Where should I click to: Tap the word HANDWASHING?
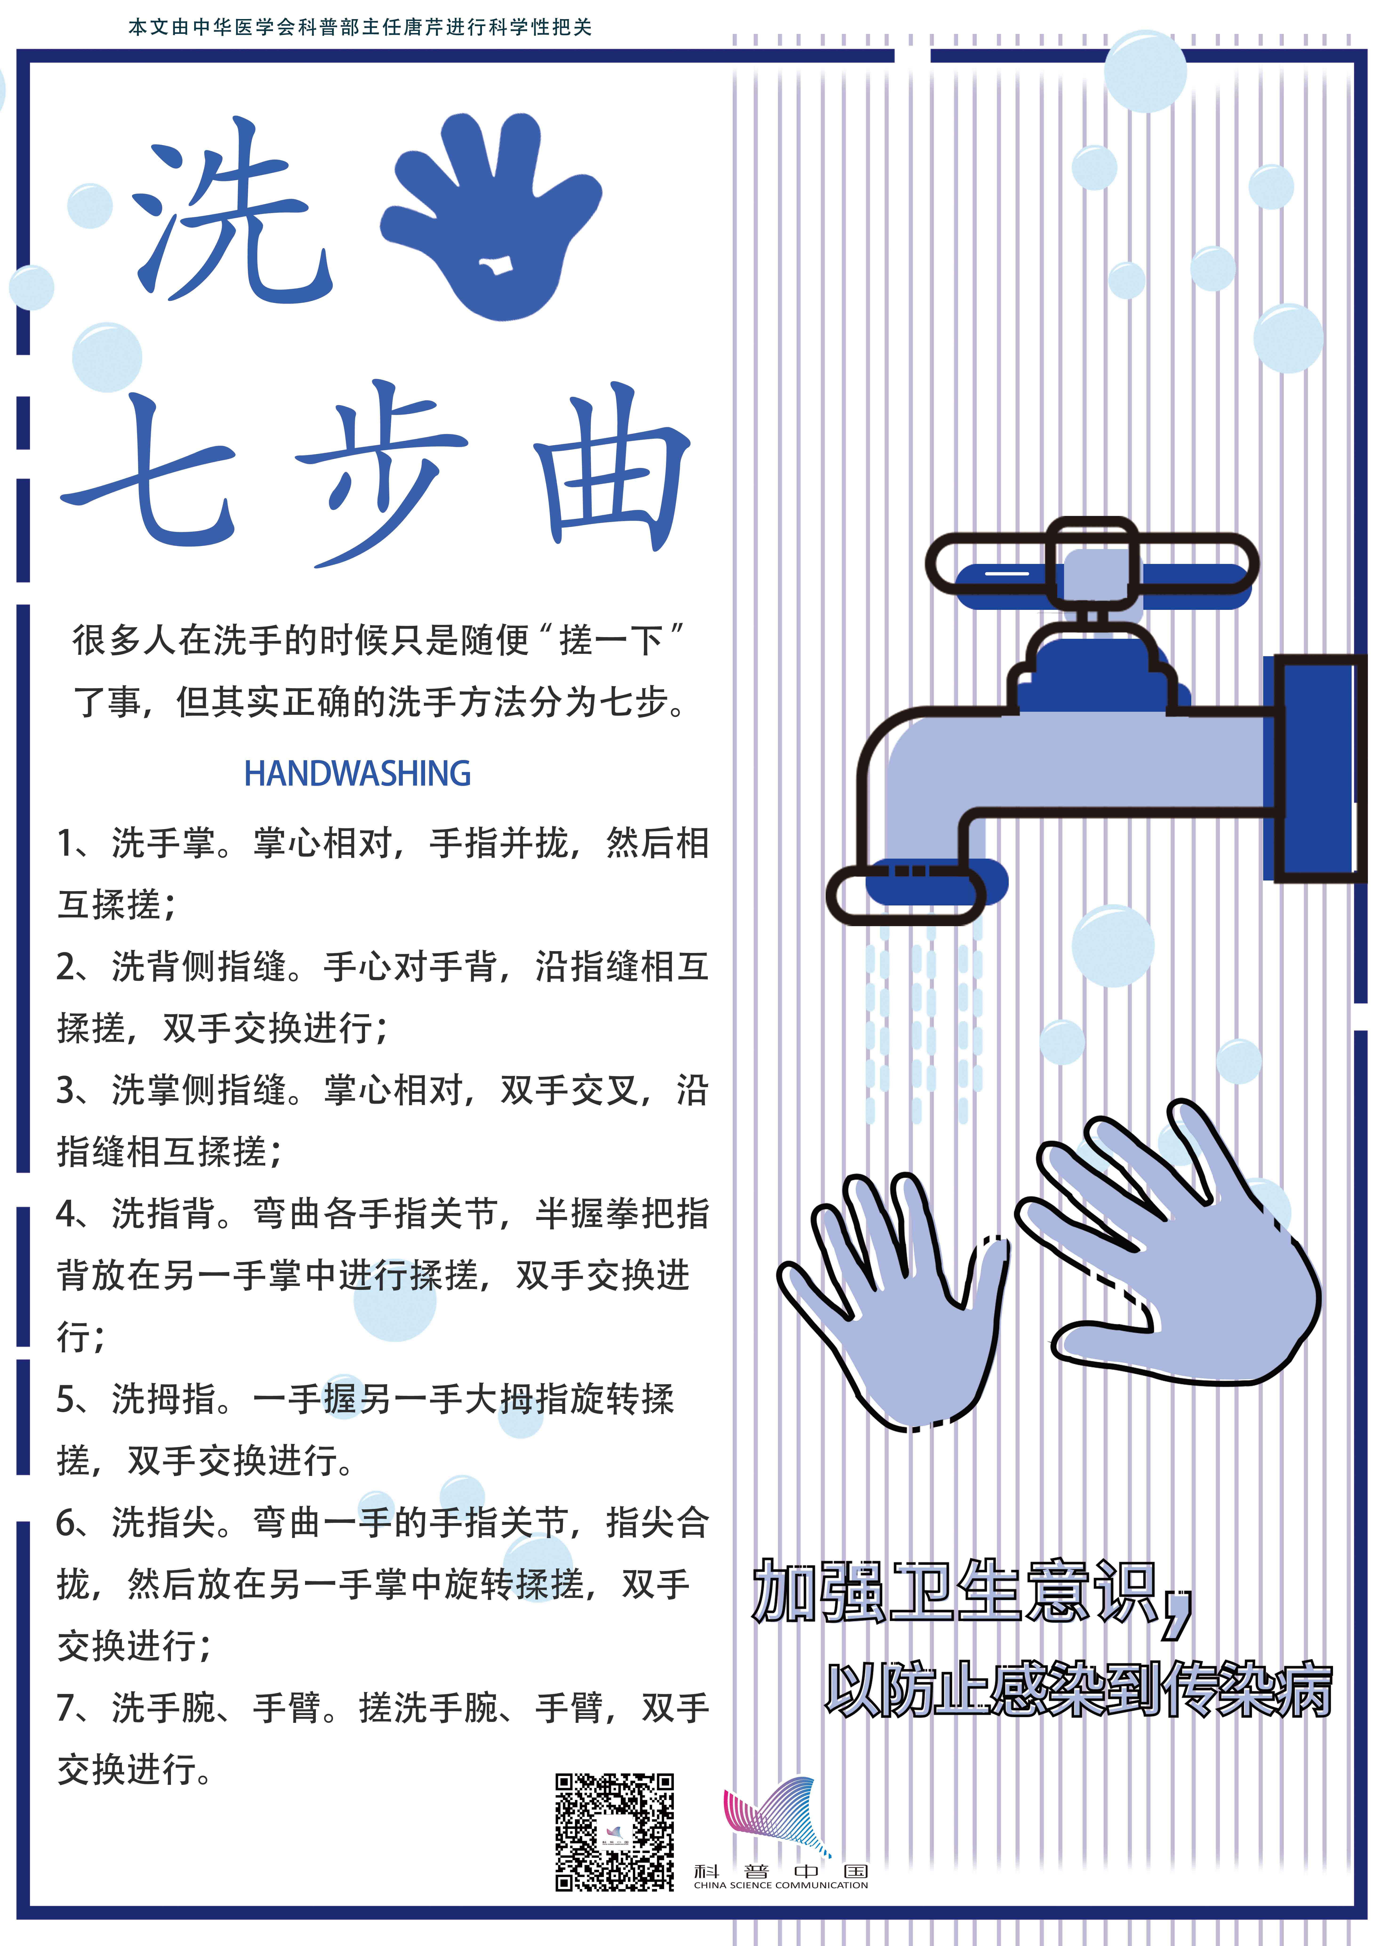(358, 774)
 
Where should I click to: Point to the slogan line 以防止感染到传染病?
(1078, 1690)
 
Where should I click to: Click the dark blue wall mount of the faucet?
(1315, 768)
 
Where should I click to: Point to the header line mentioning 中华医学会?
(360, 27)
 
